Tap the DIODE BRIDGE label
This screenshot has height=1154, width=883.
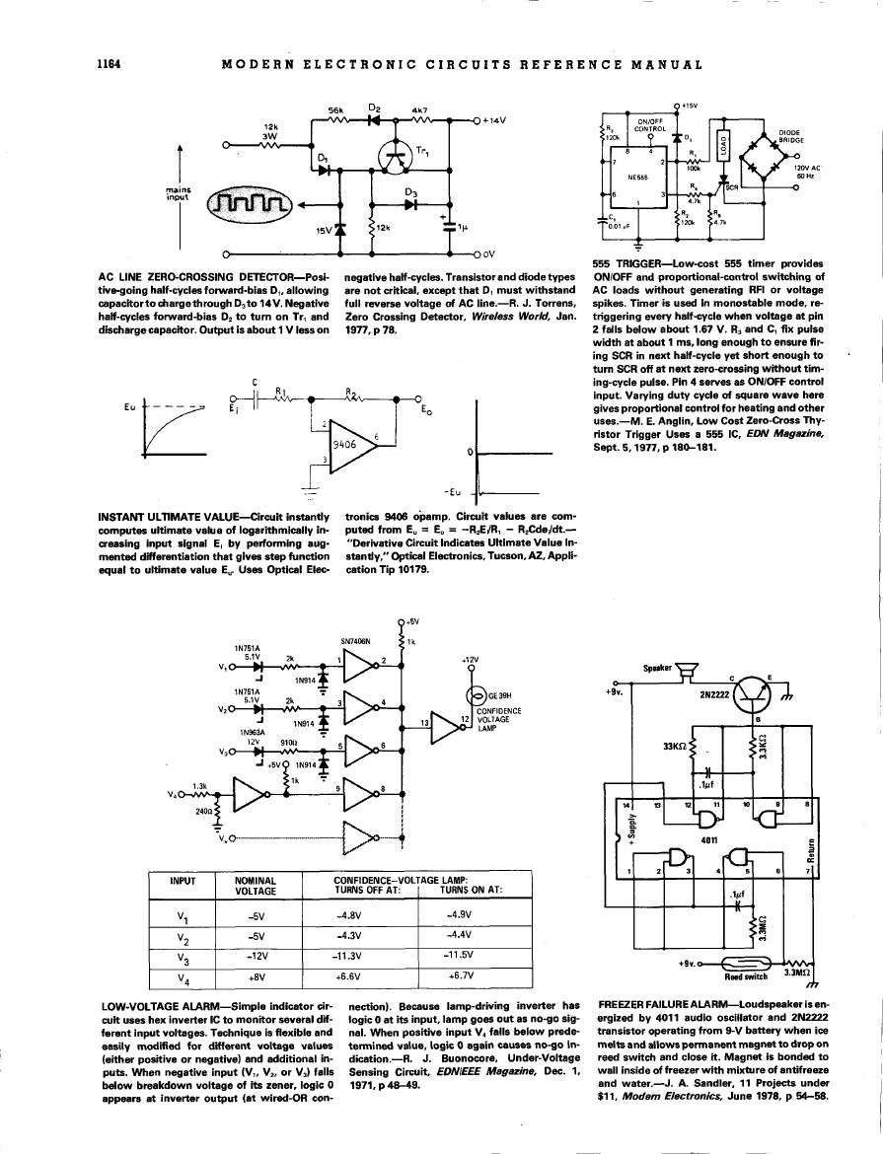pos(793,134)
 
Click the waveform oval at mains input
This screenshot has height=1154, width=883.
pos(247,204)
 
